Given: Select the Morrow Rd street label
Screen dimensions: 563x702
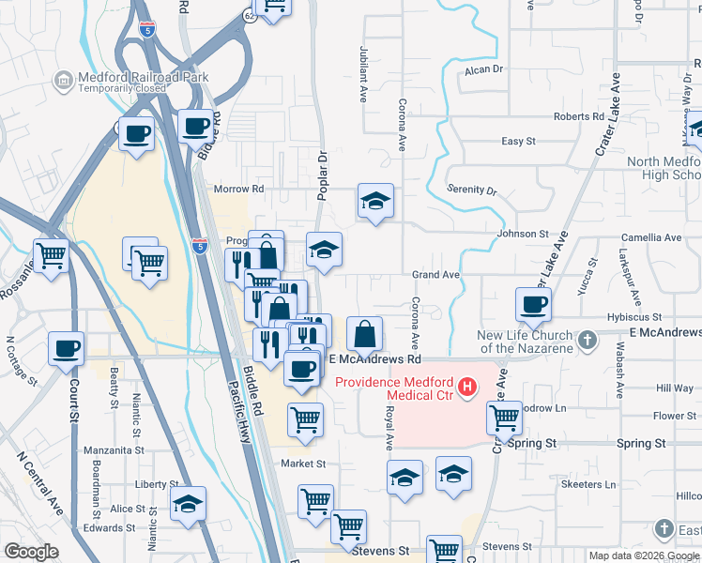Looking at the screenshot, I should pos(239,189).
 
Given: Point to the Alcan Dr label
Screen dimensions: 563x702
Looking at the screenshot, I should pos(484,68).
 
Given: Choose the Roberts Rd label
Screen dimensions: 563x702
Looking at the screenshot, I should pos(579,116).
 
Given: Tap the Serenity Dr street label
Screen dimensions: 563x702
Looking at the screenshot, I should pos(472,190).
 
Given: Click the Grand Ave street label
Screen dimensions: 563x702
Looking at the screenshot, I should pos(436,275).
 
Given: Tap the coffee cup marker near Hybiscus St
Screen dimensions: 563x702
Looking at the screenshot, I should pos(533,304).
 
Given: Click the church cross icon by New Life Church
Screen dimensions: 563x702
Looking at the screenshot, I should pos(588,341).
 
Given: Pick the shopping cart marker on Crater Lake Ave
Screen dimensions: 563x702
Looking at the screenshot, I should pos(505,417).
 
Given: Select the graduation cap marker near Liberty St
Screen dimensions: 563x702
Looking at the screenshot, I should pos(189,503).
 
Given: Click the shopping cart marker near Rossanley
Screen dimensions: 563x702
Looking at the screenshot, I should pos(52,254).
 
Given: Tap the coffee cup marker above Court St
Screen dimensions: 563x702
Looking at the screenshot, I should pos(67,348).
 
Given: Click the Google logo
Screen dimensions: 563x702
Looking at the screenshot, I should pos(32,552).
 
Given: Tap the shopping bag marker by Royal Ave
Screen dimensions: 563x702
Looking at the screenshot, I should pos(364,333).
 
